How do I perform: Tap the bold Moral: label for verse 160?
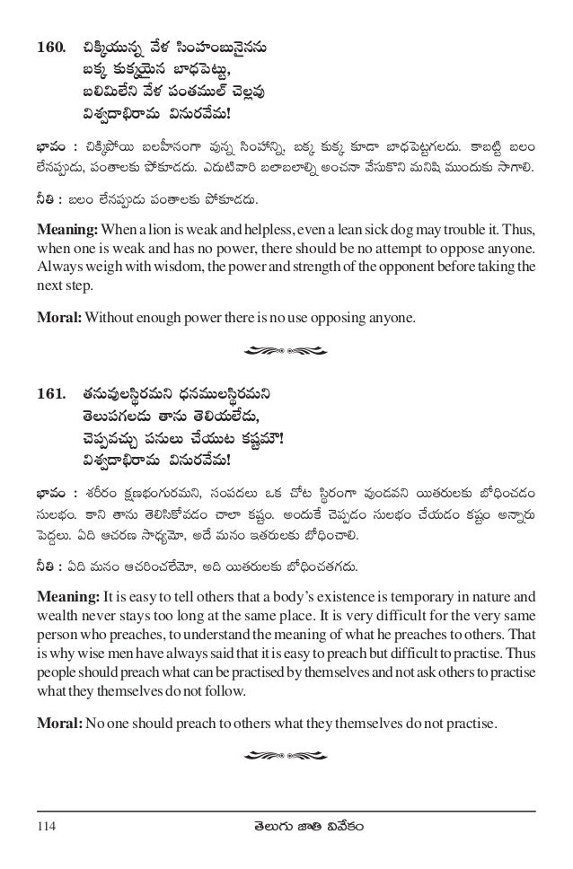point(59,313)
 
